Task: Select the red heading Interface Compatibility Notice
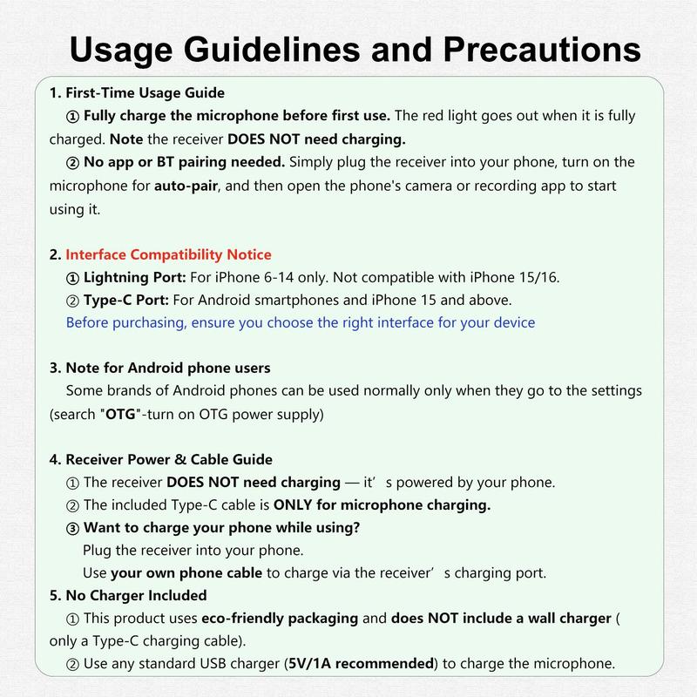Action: coord(169,254)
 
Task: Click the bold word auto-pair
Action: coord(187,186)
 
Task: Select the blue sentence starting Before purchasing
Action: coord(301,322)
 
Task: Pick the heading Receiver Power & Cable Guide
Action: coord(168,459)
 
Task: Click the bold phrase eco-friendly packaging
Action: coord(281,618)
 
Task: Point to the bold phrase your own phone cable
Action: coord(186,572)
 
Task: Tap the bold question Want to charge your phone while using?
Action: coord(221,527)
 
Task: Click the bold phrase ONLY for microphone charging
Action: coord(382,504)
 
